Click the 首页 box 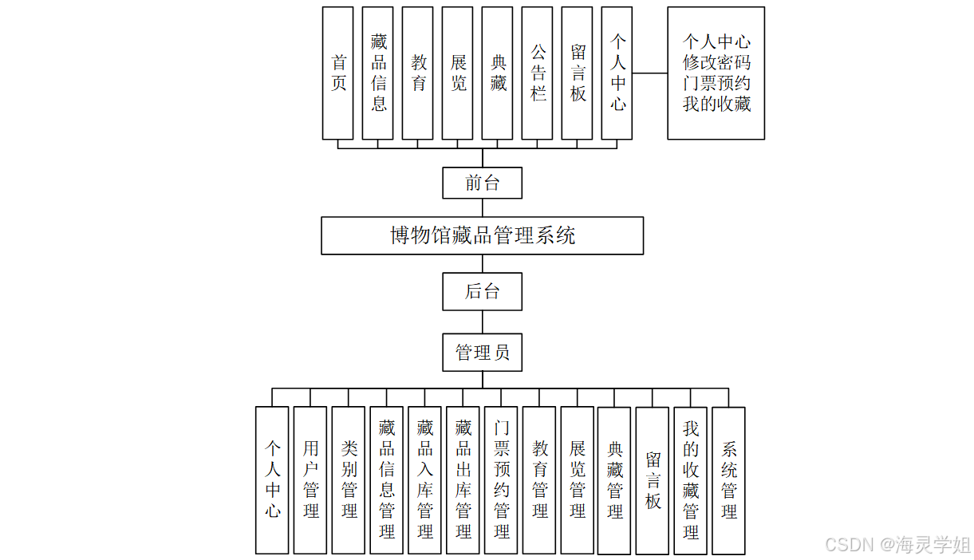(x=337, y=73)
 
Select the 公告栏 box (x=538, y=73)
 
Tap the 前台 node (x=482, y=183)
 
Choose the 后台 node (x=482, y=291)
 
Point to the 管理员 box (x=482, y=352)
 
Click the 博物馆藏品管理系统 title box (x=482, y=235)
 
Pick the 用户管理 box (x=310, y=479)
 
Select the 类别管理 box (x=349, y=479)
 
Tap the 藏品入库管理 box (x=425, y=479)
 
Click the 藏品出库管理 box (x=463, y=479)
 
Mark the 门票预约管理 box (x=501, y=479)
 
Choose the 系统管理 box (x=728, y=479)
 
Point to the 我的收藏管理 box (x=690, y=479)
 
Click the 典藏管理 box (x=614, y=479)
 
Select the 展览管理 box (x=577, y=479)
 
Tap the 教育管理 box (x=539, y=479)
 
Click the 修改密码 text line (x=716, y=62)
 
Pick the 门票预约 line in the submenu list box (x=716, y=83)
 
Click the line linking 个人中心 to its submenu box (x=649, y=73)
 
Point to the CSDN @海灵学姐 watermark (x=897, y=545)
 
